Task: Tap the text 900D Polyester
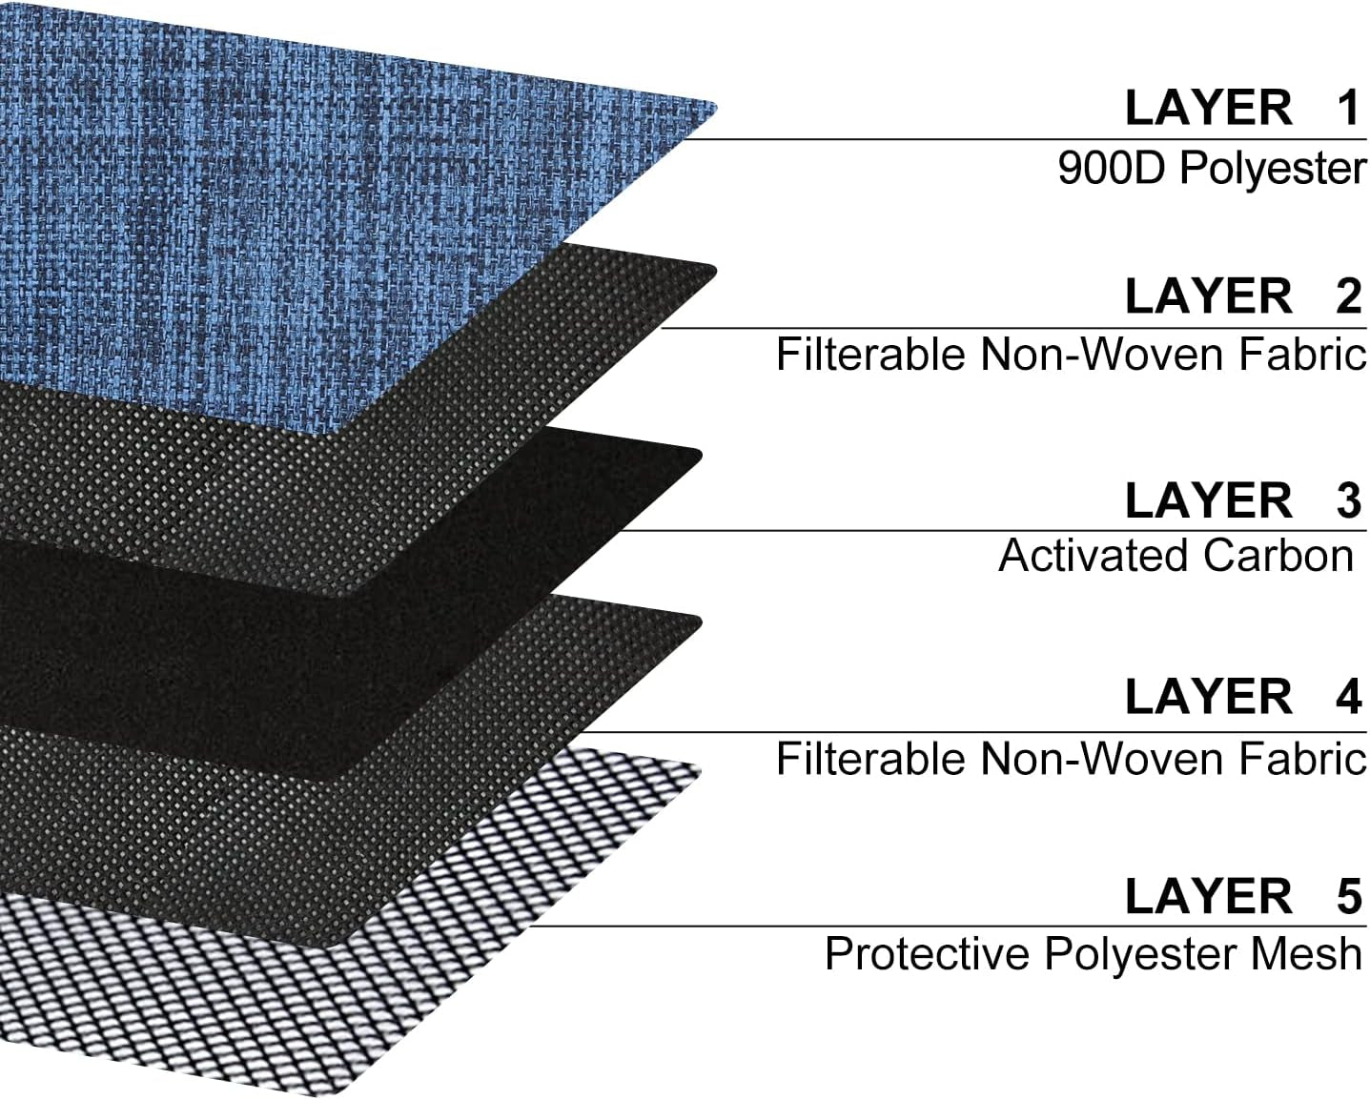[1212, 170]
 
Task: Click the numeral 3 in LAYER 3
[1348, 501]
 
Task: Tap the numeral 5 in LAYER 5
[1348, 897]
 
